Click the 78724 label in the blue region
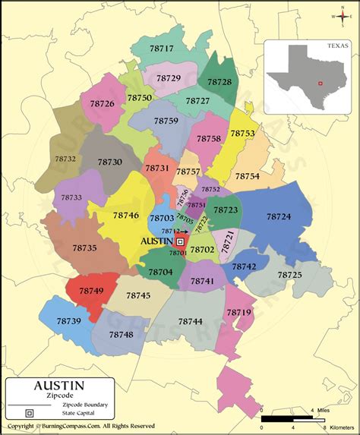[x=278, y=216]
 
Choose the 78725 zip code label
[x=289, y=274]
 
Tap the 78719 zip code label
[x=238, y=312]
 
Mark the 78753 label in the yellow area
[x=242, y=133]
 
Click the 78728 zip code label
[x=219, y=81]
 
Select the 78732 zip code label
[x=66, y=159]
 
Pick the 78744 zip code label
[x=191, y=321]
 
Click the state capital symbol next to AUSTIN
[x=180, y=241]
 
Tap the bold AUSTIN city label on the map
[x=157, y=241]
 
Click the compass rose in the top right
[x=344, y=16]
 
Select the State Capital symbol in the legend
[x=29, y=414]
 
